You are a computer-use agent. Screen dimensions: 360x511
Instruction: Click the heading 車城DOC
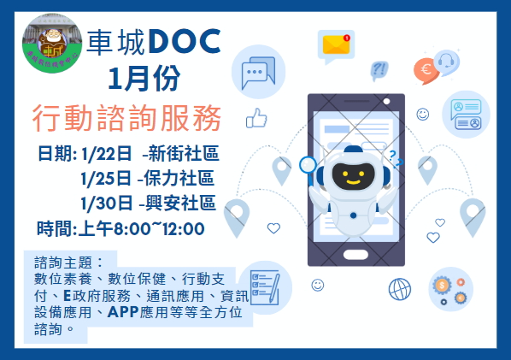click(x=154, y=38)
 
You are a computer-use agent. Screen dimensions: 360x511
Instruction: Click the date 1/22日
click(x=103, y=155)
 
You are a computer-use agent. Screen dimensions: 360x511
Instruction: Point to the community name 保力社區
click(x=179, y=180)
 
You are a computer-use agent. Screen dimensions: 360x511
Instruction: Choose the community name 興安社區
click(x=179, y=204)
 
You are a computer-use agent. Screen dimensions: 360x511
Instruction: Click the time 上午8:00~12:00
click(x=120, y=228)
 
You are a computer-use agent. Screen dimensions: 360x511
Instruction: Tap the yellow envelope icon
click(x=334, y=44)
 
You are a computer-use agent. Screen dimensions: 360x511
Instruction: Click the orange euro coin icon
click(x=424, y=69)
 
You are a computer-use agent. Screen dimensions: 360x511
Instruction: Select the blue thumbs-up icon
click(x=256, y=119)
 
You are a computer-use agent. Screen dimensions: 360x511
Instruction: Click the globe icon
click(x=399, y=288)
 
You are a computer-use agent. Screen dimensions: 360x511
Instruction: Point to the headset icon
click(x=445, y=62)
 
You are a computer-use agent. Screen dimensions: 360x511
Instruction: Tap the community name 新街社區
click(x=183, y=155)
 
